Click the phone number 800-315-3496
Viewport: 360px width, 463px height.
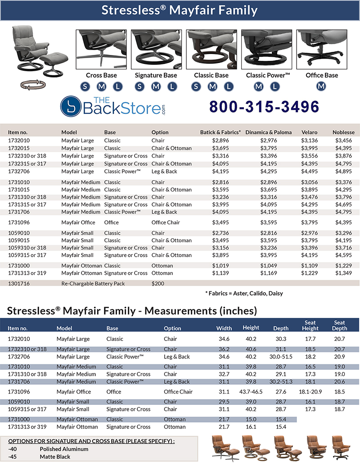[265, 107]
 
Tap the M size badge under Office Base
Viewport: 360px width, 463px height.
[321, 86]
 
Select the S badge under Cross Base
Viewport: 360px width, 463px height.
[85, 86]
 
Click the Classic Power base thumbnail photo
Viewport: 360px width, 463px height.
[266, 50]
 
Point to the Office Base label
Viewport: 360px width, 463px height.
[321, 75]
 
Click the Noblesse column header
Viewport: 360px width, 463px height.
[343, 132]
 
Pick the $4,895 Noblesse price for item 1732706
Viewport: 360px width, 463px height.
[343, 171]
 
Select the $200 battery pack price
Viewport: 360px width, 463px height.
[158, 284]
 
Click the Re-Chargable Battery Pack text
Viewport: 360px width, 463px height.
[93, 284]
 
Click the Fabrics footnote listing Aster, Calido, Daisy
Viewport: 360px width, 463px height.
[244, 294]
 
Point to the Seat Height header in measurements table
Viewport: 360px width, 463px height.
[310, 325]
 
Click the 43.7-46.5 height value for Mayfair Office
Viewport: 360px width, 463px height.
[252, 392]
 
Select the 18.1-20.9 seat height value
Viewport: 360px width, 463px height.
[310, 392]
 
